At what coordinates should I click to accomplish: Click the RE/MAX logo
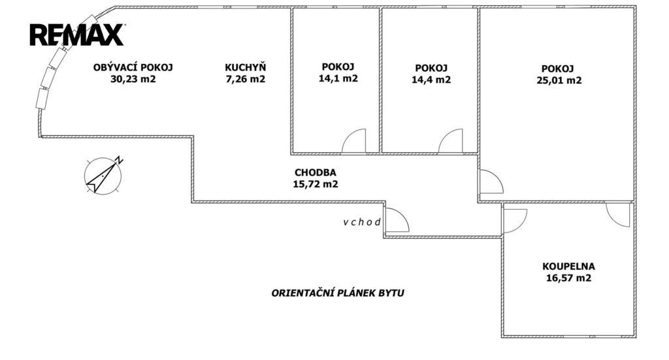point(76,34)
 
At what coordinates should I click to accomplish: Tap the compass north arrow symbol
point(103,175)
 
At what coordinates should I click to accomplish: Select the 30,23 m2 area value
point(134,80)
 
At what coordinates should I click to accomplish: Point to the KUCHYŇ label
point(245,67)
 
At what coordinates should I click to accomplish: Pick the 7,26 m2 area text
point(245,80)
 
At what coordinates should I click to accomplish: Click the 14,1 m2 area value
point(338,79)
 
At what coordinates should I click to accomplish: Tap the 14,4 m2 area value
point(431,80)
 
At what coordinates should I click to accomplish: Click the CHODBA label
point(315,172)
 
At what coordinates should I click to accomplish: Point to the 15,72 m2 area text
point(315,184)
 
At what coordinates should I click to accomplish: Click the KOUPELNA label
point(568,266)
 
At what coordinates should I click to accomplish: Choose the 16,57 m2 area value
point(568,278)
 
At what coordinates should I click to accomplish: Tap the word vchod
point(362,222)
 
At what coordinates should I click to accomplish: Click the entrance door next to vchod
point(396,221)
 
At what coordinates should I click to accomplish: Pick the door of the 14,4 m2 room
point(450,142)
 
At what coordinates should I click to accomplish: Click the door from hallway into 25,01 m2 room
point(489,182)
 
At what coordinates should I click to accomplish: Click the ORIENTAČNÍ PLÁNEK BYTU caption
point(338,293)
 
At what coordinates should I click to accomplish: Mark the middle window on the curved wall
point(49,77)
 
